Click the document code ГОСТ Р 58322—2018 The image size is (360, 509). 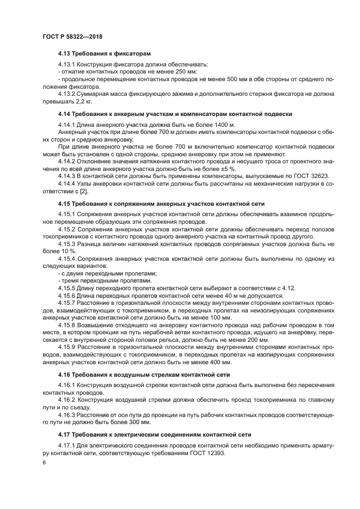click(72, 36)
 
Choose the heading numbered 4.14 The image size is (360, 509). click(175, 114)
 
